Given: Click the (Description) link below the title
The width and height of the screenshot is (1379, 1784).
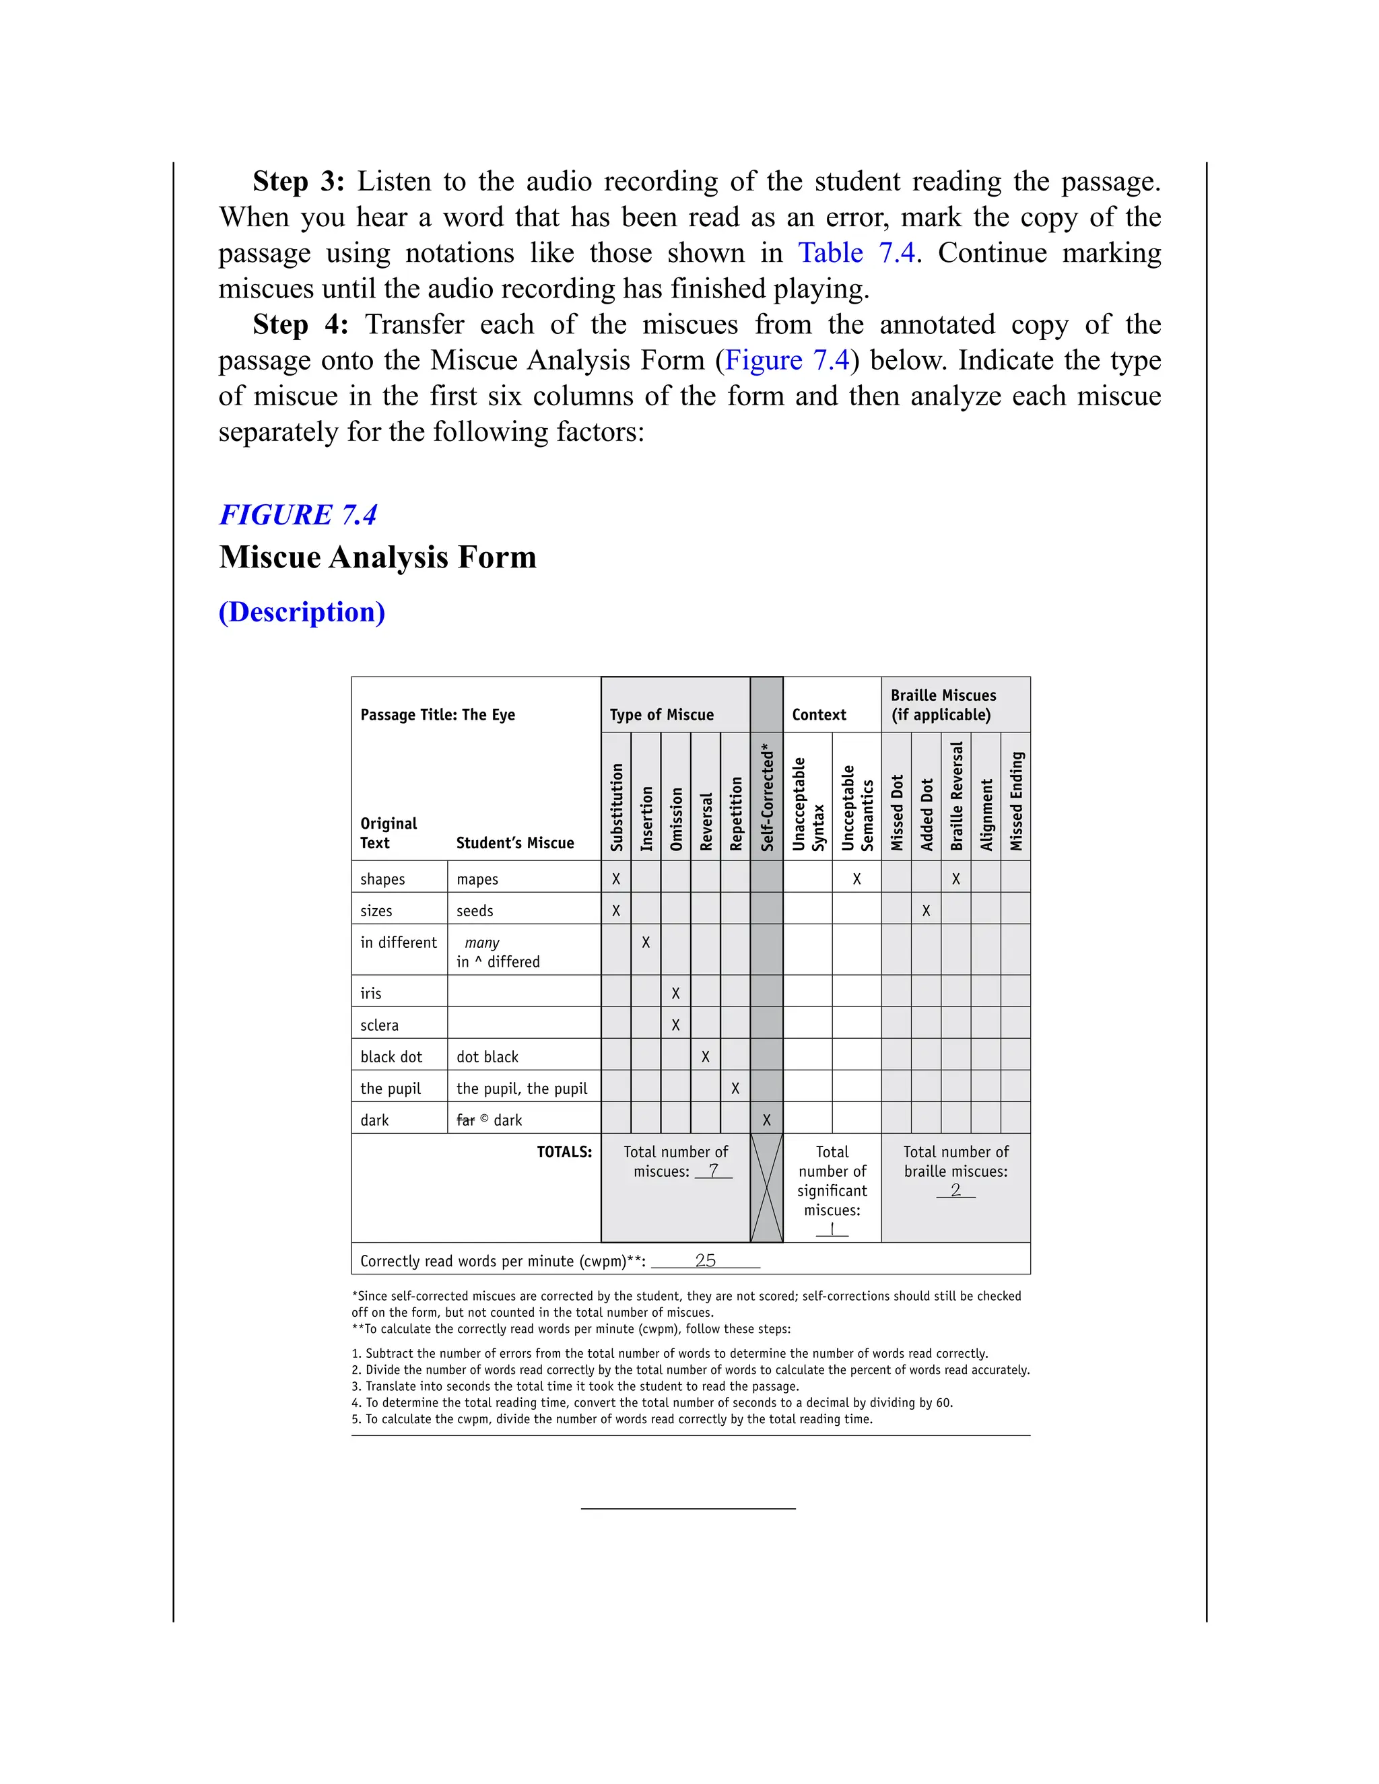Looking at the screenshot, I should pos(302,612).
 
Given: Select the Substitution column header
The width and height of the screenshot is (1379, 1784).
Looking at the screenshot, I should pos(617,807).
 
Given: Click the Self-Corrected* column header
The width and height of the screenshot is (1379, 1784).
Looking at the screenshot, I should pos(766,797).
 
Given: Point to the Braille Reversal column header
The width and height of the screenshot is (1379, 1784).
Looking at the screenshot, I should pos(956,796).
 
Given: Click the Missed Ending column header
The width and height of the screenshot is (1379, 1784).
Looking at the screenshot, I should pos(1015,801).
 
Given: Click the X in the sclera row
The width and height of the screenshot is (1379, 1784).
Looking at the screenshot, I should pos(675,1025).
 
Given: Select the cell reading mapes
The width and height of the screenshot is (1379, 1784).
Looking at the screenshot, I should pos(477,880).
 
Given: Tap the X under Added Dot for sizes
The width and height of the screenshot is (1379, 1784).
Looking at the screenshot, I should pos(926,911).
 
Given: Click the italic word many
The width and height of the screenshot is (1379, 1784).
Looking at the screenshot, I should pos(482,942).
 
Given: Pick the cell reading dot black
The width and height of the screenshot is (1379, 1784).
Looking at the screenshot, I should pos(487,1057).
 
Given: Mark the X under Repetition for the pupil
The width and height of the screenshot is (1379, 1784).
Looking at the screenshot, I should pos(735,1089).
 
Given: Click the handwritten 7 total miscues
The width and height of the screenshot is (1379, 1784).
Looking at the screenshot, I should pos(713,1171).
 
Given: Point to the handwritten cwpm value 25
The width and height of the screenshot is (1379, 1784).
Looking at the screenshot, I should pos(705,1260).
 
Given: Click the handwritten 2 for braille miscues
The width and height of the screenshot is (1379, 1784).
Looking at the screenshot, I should pos(955,1190).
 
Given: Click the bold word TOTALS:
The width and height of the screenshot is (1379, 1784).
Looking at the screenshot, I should pos(564,1153).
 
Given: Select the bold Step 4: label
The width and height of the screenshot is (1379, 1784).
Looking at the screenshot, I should pos(300,324).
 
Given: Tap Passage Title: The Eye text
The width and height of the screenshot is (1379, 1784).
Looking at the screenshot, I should pos(437,715).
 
